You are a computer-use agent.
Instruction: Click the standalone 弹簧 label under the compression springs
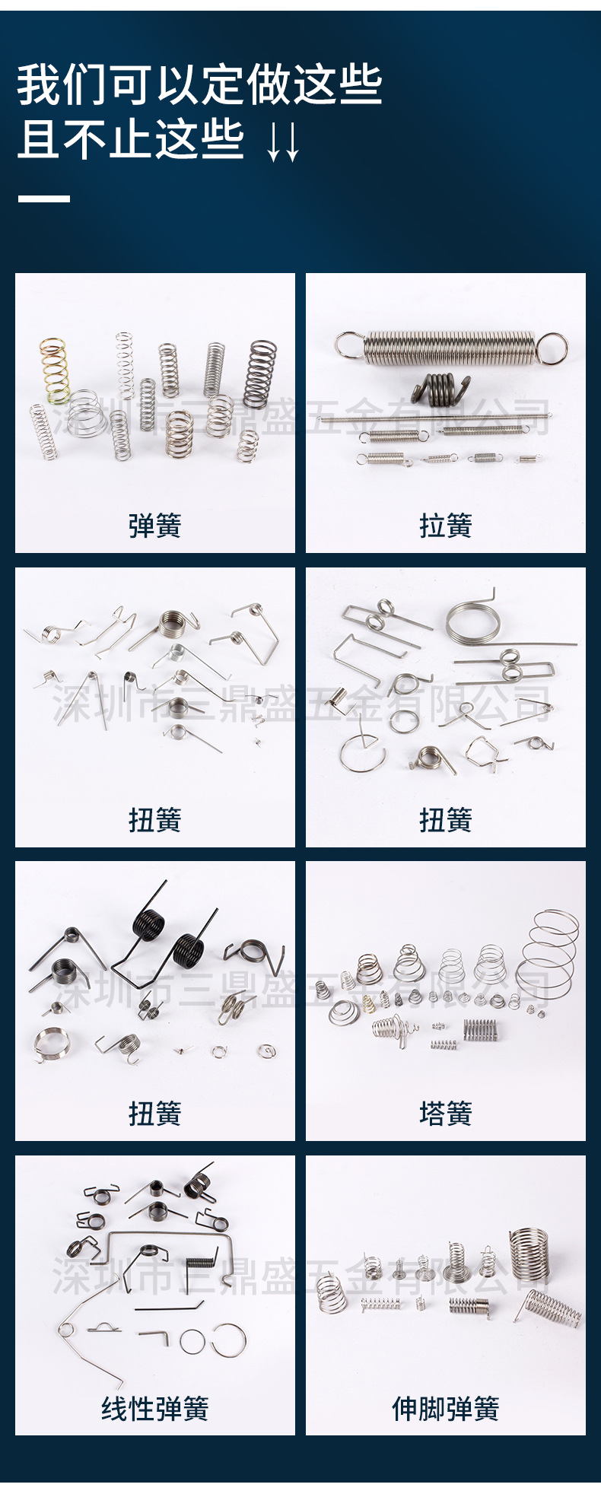click(x=155, y=526)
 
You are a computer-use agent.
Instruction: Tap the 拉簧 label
click(x=446, y=526)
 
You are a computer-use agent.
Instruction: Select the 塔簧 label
click(x=446, y=1114)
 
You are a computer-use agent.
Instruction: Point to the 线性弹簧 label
click(x=155, y=1408)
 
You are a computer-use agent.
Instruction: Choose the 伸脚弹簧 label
click(x=446, y=1408)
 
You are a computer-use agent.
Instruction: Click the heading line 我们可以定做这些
click(x=199, y=84)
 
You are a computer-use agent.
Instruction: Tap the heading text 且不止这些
click(x=131, y=139)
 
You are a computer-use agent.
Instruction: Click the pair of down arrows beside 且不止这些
click(x=283, y=141)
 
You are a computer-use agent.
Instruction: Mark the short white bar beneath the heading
click(x=44, y=199)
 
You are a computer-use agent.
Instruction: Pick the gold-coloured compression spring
click(x=55, y=370)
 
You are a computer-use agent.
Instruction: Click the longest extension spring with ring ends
click(x=452, y=346)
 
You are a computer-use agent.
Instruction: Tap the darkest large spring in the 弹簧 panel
click(x=260, y=374)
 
